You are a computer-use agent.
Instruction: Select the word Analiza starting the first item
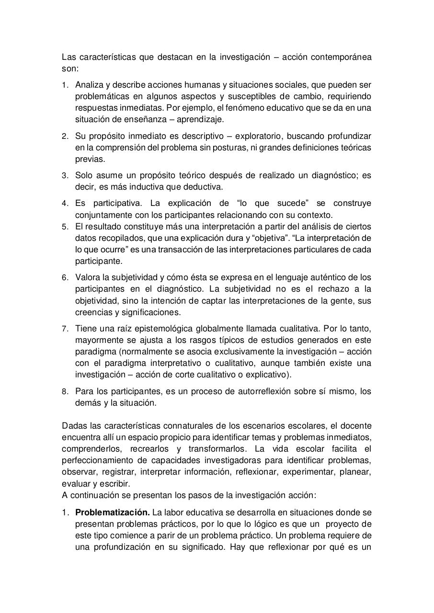click(x=89, y=85)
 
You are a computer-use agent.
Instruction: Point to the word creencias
click(x=92, y=312)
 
